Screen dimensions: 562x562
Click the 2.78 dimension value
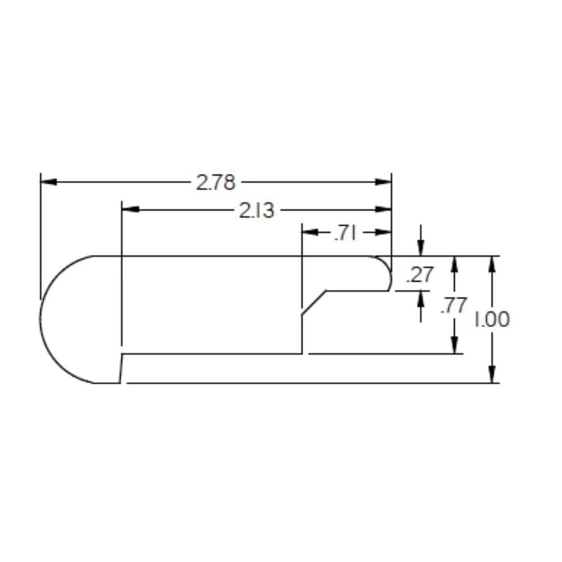(x=215, y=182)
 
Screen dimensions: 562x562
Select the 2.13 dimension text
(x=257, y=210)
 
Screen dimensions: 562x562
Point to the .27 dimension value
(x=420, y=275)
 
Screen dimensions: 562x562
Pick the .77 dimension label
(x=454, y=306)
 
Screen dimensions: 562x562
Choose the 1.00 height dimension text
(x=492, y=320)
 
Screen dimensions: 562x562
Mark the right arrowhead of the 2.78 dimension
(x=384, y=182)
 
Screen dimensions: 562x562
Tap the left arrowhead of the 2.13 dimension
(x=130, y=210)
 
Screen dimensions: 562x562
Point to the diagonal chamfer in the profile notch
(x=314, y=303)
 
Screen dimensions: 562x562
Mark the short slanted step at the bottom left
(x=121, y=369)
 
